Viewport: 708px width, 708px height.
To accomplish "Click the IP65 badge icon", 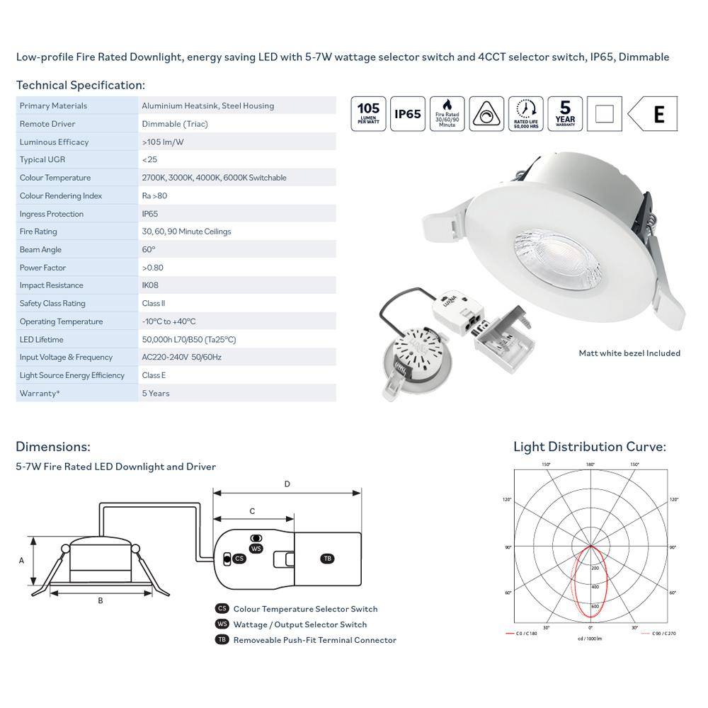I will [x=408, y=114].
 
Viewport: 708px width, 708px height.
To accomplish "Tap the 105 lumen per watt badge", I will [x=368, y=114].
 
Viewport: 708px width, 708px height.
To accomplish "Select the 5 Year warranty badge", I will [x=565, y=114].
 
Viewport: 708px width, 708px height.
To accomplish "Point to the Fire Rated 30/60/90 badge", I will [x=447, y=114].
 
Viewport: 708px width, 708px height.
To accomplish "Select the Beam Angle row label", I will [x=40, y=250].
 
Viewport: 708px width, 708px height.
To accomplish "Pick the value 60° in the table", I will [x=149, y=250].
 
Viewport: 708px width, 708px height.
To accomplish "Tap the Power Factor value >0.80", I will [x=154, y=268].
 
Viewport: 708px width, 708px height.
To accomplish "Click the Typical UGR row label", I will [x=42, y=160].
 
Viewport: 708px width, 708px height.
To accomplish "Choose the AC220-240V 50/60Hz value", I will [x=182, y=358].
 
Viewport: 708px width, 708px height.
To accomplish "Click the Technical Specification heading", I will [x=80, y=85].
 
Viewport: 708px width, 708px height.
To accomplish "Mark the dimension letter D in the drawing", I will [x=287, y=484].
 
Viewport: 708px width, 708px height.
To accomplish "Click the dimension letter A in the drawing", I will [x=22, y=560].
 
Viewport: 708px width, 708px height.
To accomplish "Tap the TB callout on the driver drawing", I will [x=327, y=559].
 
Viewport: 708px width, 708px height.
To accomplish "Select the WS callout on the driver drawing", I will [x=256, y=549].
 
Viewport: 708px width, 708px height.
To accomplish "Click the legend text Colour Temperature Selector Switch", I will [x=305, y=609].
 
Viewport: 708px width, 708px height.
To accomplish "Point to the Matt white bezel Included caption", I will [x=629, y=353].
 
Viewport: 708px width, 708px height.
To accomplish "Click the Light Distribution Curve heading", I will [x=589, y=447].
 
